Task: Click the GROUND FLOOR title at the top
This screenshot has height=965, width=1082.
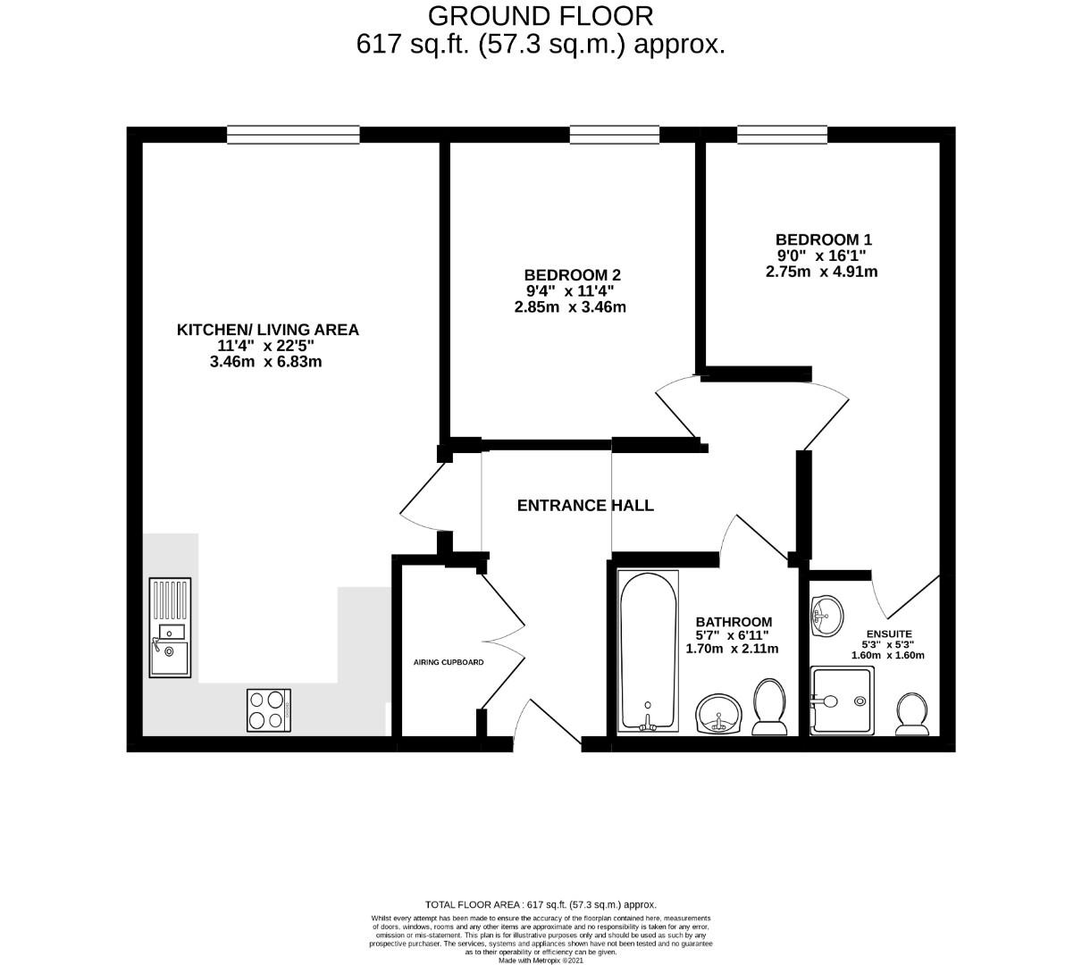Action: (540, 17)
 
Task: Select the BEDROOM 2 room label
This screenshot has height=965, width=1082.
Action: (572, 275)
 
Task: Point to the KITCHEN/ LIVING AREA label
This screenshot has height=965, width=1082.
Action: (267, 330)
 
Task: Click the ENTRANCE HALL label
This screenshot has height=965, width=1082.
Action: (585, 505)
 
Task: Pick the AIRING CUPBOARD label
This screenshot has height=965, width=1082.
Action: (449, 662)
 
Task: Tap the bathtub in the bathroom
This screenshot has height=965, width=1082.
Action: (648, 651)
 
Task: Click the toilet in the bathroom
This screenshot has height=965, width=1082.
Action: (769, 707)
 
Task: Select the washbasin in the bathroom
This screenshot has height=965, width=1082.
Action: (718, 713)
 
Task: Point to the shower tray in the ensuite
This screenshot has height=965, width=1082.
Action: (842, 701)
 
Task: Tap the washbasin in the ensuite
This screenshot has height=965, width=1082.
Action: (826, 617)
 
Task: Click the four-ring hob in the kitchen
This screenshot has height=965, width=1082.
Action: (269, 710)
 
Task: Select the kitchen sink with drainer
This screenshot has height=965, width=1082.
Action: (170, 627)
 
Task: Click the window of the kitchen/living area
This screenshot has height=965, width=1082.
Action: (293, 135)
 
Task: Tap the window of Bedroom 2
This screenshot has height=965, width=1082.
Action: (614, 135)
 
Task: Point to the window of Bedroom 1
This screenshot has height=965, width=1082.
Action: (783, 135)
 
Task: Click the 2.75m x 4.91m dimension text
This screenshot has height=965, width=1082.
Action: (821, 272)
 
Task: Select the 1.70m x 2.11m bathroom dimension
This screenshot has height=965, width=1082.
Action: (732, 649)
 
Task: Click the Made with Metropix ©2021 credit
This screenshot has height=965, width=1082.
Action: (541, 961)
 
